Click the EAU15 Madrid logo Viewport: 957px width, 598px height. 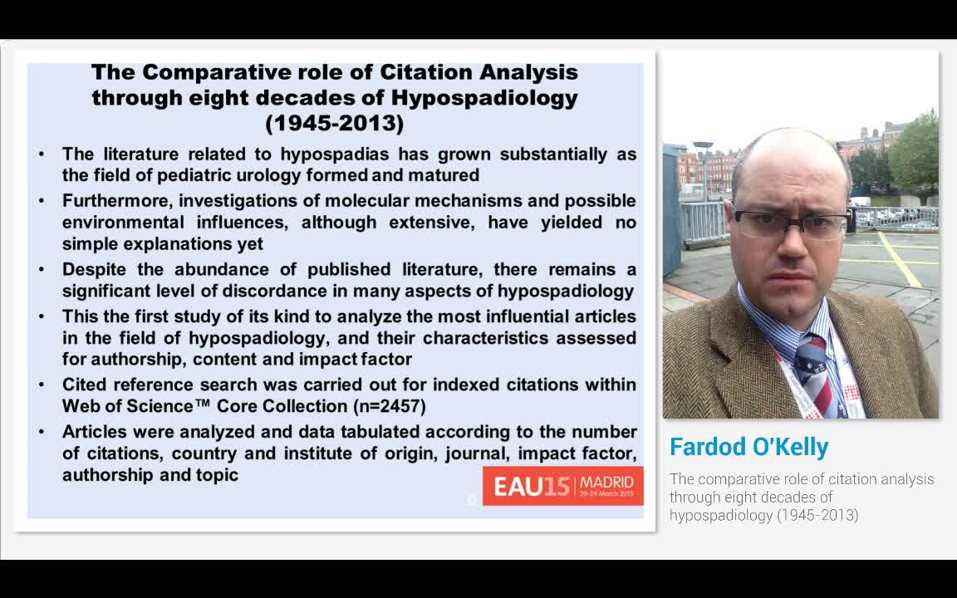tap(562, 486)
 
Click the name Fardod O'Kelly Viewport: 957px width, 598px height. tap(748, 447)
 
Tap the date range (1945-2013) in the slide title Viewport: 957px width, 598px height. tap(334, 124)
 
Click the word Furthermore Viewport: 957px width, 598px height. tap(111, 201)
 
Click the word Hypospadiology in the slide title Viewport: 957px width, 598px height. tap(484, 98)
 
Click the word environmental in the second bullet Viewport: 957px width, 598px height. tap(123, 223)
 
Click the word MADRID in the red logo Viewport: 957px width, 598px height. tap(611, 482)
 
